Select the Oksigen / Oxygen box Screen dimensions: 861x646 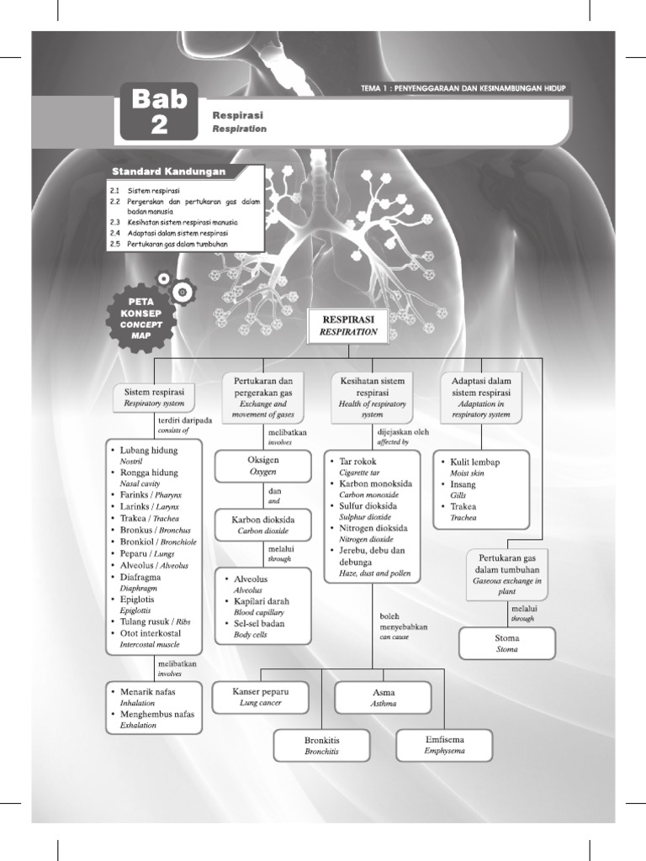(x=263, y=466)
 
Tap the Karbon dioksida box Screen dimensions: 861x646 (x=263, y=526)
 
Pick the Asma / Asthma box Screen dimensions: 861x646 (x=383, y=697)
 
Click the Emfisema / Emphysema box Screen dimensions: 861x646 (x=444, y=745)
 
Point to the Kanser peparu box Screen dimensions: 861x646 (x=260, y=696)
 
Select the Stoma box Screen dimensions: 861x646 (x=507, y=643)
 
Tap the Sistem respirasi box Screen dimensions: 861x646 (x=155, y=397)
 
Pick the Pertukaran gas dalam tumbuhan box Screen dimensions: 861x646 (x=506, y=575)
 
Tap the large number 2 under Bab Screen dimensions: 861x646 (x=159, y=124)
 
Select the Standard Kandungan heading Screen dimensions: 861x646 (x=175, y=172)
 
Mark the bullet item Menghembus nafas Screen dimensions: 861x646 (x=156, y=714)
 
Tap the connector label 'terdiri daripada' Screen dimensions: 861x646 (x=184, y=419)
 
